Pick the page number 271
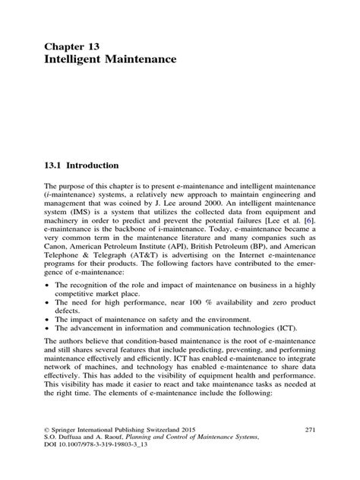point(308,450)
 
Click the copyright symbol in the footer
point(47,450)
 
